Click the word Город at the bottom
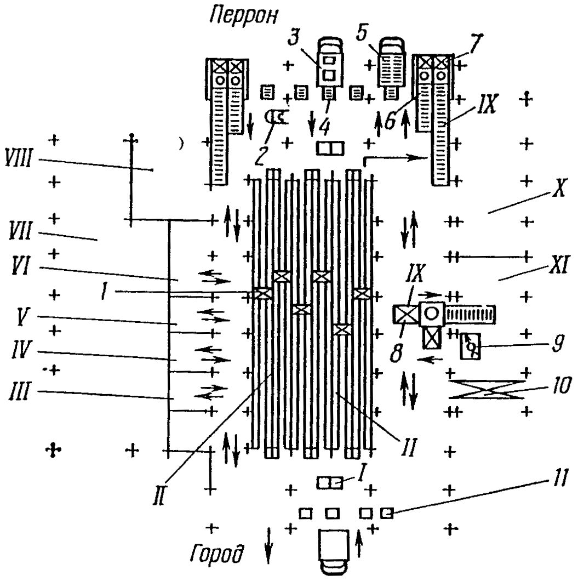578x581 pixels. click(218, 554)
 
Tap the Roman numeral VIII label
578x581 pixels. click(19, 158)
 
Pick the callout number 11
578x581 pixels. click(559, 479)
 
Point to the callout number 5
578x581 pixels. click(362, 31)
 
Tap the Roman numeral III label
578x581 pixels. click(19, 391)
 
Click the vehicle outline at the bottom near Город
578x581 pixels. click(334, 552)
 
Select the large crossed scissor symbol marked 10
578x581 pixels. click(487, 389)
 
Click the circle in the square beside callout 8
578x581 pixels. click(431, 314)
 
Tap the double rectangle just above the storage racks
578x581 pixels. click(330, 149)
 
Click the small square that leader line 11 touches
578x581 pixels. click(387, 513)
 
